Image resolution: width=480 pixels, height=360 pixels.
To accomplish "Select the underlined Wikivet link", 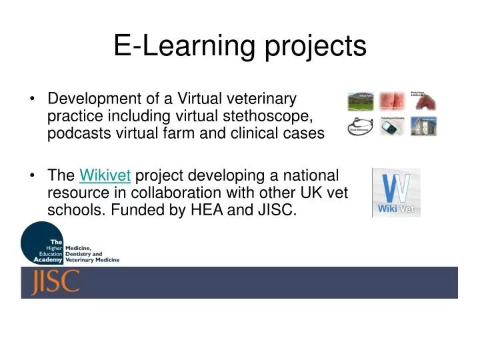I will click(105, 176).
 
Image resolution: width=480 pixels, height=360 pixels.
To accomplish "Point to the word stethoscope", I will click(270, 117).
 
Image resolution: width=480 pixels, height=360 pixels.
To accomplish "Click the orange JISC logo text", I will click(55, 282).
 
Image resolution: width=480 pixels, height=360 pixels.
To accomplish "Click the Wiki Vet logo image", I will click(396, 193).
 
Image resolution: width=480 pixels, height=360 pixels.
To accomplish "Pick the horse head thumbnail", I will click(424, 101).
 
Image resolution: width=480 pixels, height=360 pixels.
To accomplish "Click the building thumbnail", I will click(424, 126).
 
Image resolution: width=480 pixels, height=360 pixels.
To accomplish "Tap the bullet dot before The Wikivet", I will click(33, 177).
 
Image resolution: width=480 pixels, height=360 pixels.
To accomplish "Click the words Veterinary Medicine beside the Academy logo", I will click(92, 260).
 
